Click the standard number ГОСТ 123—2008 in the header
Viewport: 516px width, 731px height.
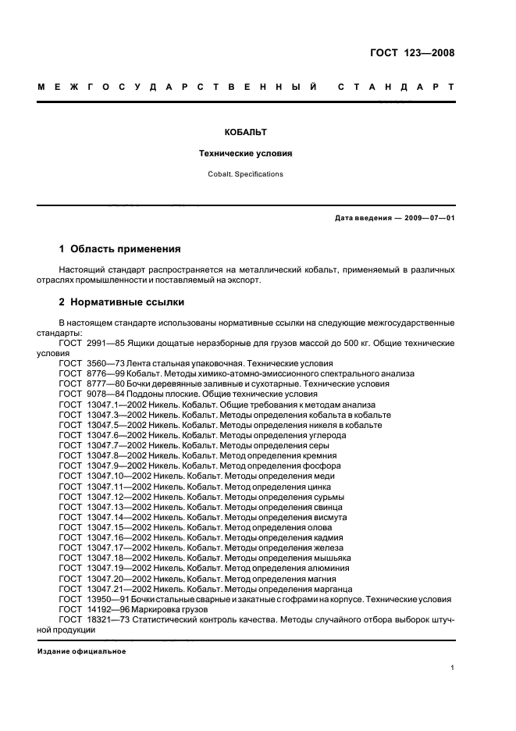[412, 53]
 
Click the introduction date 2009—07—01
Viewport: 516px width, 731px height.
[427, 217]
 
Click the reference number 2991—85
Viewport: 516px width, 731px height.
[104, 343]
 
